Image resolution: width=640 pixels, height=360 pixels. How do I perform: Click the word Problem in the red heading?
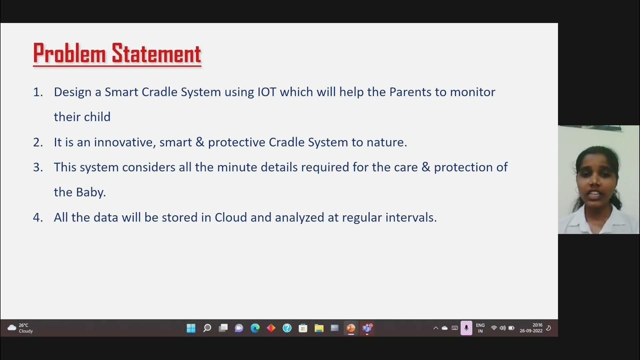tap(70, 54)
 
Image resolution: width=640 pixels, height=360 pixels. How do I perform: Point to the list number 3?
tap(38, 167)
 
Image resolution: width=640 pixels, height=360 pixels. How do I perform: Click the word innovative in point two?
tap(125, 142)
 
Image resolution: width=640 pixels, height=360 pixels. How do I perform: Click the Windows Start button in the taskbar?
tap(191, 328)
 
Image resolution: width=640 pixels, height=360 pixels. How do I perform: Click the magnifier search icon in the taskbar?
tap(207, 328)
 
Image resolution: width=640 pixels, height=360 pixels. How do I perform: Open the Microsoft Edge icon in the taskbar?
tap(255, 328)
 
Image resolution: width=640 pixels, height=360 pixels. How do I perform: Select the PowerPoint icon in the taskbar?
tap(350, 328)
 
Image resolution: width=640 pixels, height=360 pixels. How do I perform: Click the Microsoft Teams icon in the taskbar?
tap(367, 328)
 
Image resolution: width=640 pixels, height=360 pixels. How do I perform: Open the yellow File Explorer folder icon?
tap(319, 328)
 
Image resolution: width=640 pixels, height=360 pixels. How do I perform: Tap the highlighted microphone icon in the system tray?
tap(466, 328)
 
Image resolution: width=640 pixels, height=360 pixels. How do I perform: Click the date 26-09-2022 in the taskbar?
tap(531, 331)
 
